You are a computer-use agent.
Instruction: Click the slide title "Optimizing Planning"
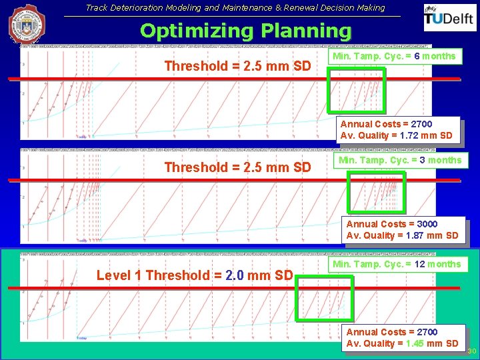(x=245, y=31)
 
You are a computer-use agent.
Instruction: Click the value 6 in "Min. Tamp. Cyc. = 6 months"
(x=417, y=57)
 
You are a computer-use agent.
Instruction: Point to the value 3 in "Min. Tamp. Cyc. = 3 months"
(x=422, y=160)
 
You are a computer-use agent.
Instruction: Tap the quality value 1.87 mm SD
(x=415, y=235)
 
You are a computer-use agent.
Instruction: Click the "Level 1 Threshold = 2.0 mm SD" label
(x=195, y=275)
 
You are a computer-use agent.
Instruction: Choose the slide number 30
(x=472, y=351)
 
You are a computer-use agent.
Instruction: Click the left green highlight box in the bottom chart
(x=314, y=299)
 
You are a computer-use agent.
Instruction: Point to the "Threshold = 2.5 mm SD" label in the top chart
(x=237, y=66)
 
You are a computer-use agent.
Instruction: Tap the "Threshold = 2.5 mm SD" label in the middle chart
(x=237, y=167)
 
